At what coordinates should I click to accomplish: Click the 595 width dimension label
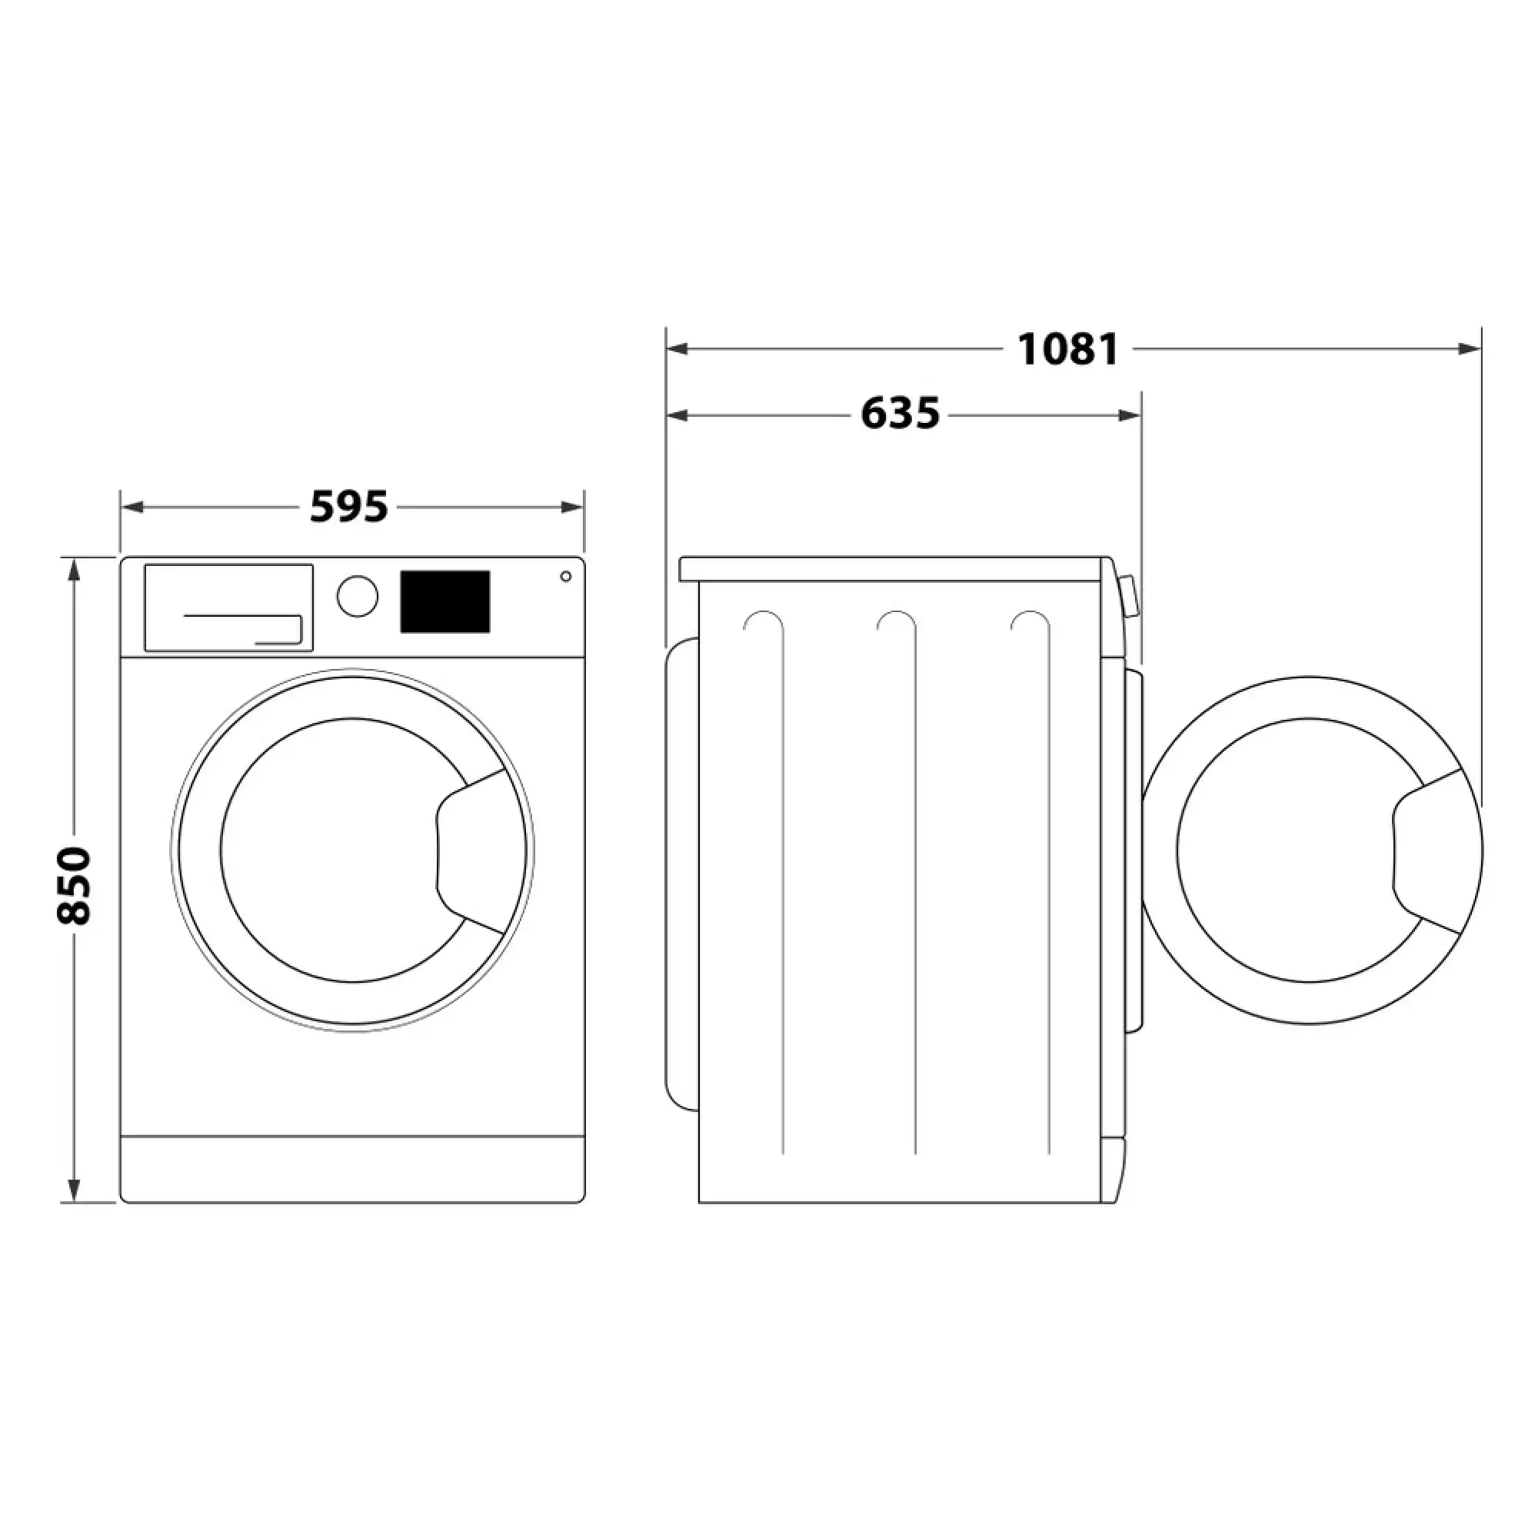point(348,507)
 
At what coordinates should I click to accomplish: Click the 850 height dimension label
point(75,885)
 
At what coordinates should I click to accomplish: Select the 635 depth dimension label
point(900,414)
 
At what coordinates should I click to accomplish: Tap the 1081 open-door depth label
point(1068,348)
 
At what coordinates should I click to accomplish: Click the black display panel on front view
point(444,602)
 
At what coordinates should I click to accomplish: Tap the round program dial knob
point(358,596)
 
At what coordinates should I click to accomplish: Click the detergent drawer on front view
point(228,608)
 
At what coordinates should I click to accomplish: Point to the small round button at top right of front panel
point(565,576)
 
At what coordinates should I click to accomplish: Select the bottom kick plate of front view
point(353,1169)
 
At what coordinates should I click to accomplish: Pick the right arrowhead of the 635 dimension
point(1130,414)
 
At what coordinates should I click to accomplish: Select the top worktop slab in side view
point(891,569)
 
